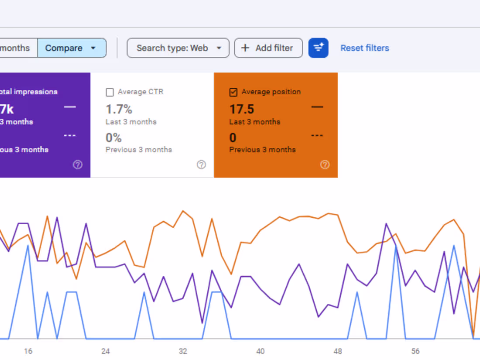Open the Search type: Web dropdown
pos(178,48)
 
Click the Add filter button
pos(268,48)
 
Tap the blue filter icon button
pos(319,48)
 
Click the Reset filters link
pos(365,48)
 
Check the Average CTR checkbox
pos(110,92)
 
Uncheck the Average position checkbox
pos(233,92)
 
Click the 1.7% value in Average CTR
pos(119,109)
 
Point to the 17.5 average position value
pos(242,109)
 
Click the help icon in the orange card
pos(325,165)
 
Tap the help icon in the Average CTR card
pos(201,165)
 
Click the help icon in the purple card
pos(78,165)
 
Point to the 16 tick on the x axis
pos(28,351)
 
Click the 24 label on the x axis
pos(105,351)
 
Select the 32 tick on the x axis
pos(183,351)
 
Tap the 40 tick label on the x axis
pos(260,351)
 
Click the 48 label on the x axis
pos(338,351)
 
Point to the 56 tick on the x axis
pos(415,351)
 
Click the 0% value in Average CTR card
pos(113,138)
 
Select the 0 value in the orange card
pos(233,138)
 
